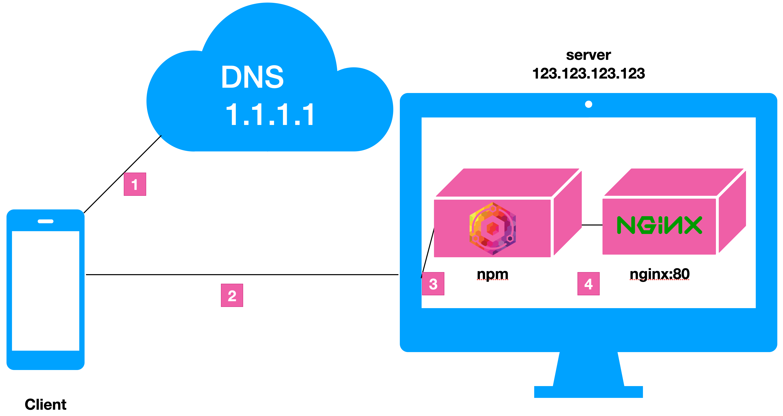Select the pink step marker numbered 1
coord(135,184)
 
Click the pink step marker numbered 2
coord(232,295)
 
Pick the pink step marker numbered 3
coord(433,284)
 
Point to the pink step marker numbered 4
coord(588,284)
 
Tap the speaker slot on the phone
coord(46,221)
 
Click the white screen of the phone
coord(46,291)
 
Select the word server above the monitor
coord(588,55)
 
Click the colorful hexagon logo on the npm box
coord(492,228)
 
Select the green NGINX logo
coord(659,225)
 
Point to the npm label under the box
coord(492,274)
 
